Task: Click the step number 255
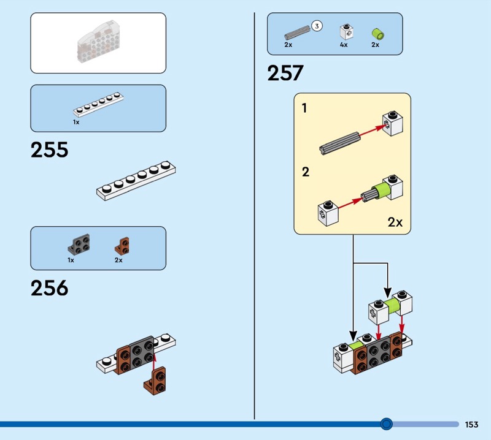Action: click(49, 150)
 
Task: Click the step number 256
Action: click(49, 288)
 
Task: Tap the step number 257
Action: click(285, 74)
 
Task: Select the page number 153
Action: click(471, 424)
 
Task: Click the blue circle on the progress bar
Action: click(386, 423)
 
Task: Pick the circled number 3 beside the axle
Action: click(317, 26)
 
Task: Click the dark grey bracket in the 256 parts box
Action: click(79, 245)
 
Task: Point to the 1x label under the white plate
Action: click(76, 122)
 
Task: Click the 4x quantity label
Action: click(344, 45)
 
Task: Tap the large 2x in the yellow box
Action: click(395, 222)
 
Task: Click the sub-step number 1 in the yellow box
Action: click(304, 109)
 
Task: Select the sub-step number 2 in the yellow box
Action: click(306, 172)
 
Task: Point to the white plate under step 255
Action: click(136, 181)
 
